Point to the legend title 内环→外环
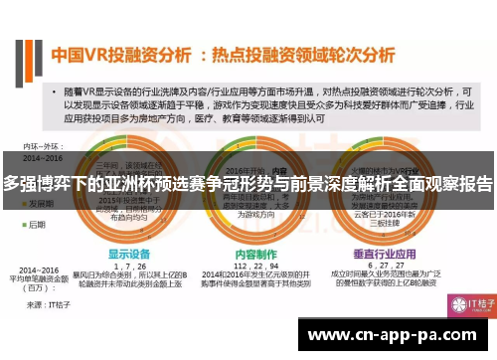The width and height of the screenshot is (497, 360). point(44,146)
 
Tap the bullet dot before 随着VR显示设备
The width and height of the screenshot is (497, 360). point(54,90)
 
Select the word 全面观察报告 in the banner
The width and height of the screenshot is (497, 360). point(443,183)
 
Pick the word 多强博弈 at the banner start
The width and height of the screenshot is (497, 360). point(34,183)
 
